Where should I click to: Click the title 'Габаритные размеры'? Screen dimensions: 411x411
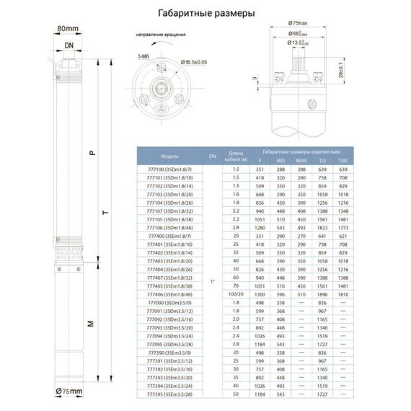click(205, 13)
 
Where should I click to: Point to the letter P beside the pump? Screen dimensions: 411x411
click(91, 154)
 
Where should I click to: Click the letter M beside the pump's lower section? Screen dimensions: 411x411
click(91, 324)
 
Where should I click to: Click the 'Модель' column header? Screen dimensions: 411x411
click(170, 156)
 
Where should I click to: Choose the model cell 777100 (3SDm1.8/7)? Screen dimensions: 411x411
click(170, 168)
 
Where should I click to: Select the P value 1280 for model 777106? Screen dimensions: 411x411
click(260, 227)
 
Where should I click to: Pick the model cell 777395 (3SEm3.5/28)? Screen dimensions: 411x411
click(170, 395)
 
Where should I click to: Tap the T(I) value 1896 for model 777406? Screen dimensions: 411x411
click(323, 294)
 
